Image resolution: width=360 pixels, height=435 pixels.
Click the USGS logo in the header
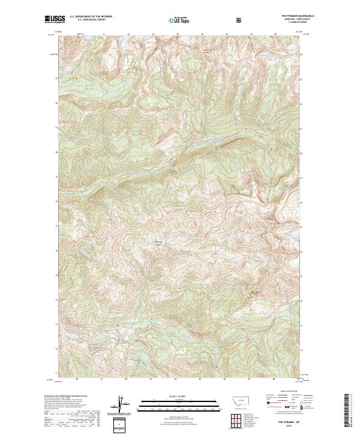[x=55, y=19]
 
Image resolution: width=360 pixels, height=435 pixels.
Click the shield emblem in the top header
[x=239, y=19]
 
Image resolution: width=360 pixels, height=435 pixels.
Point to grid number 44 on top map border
[x=177, y=34]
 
